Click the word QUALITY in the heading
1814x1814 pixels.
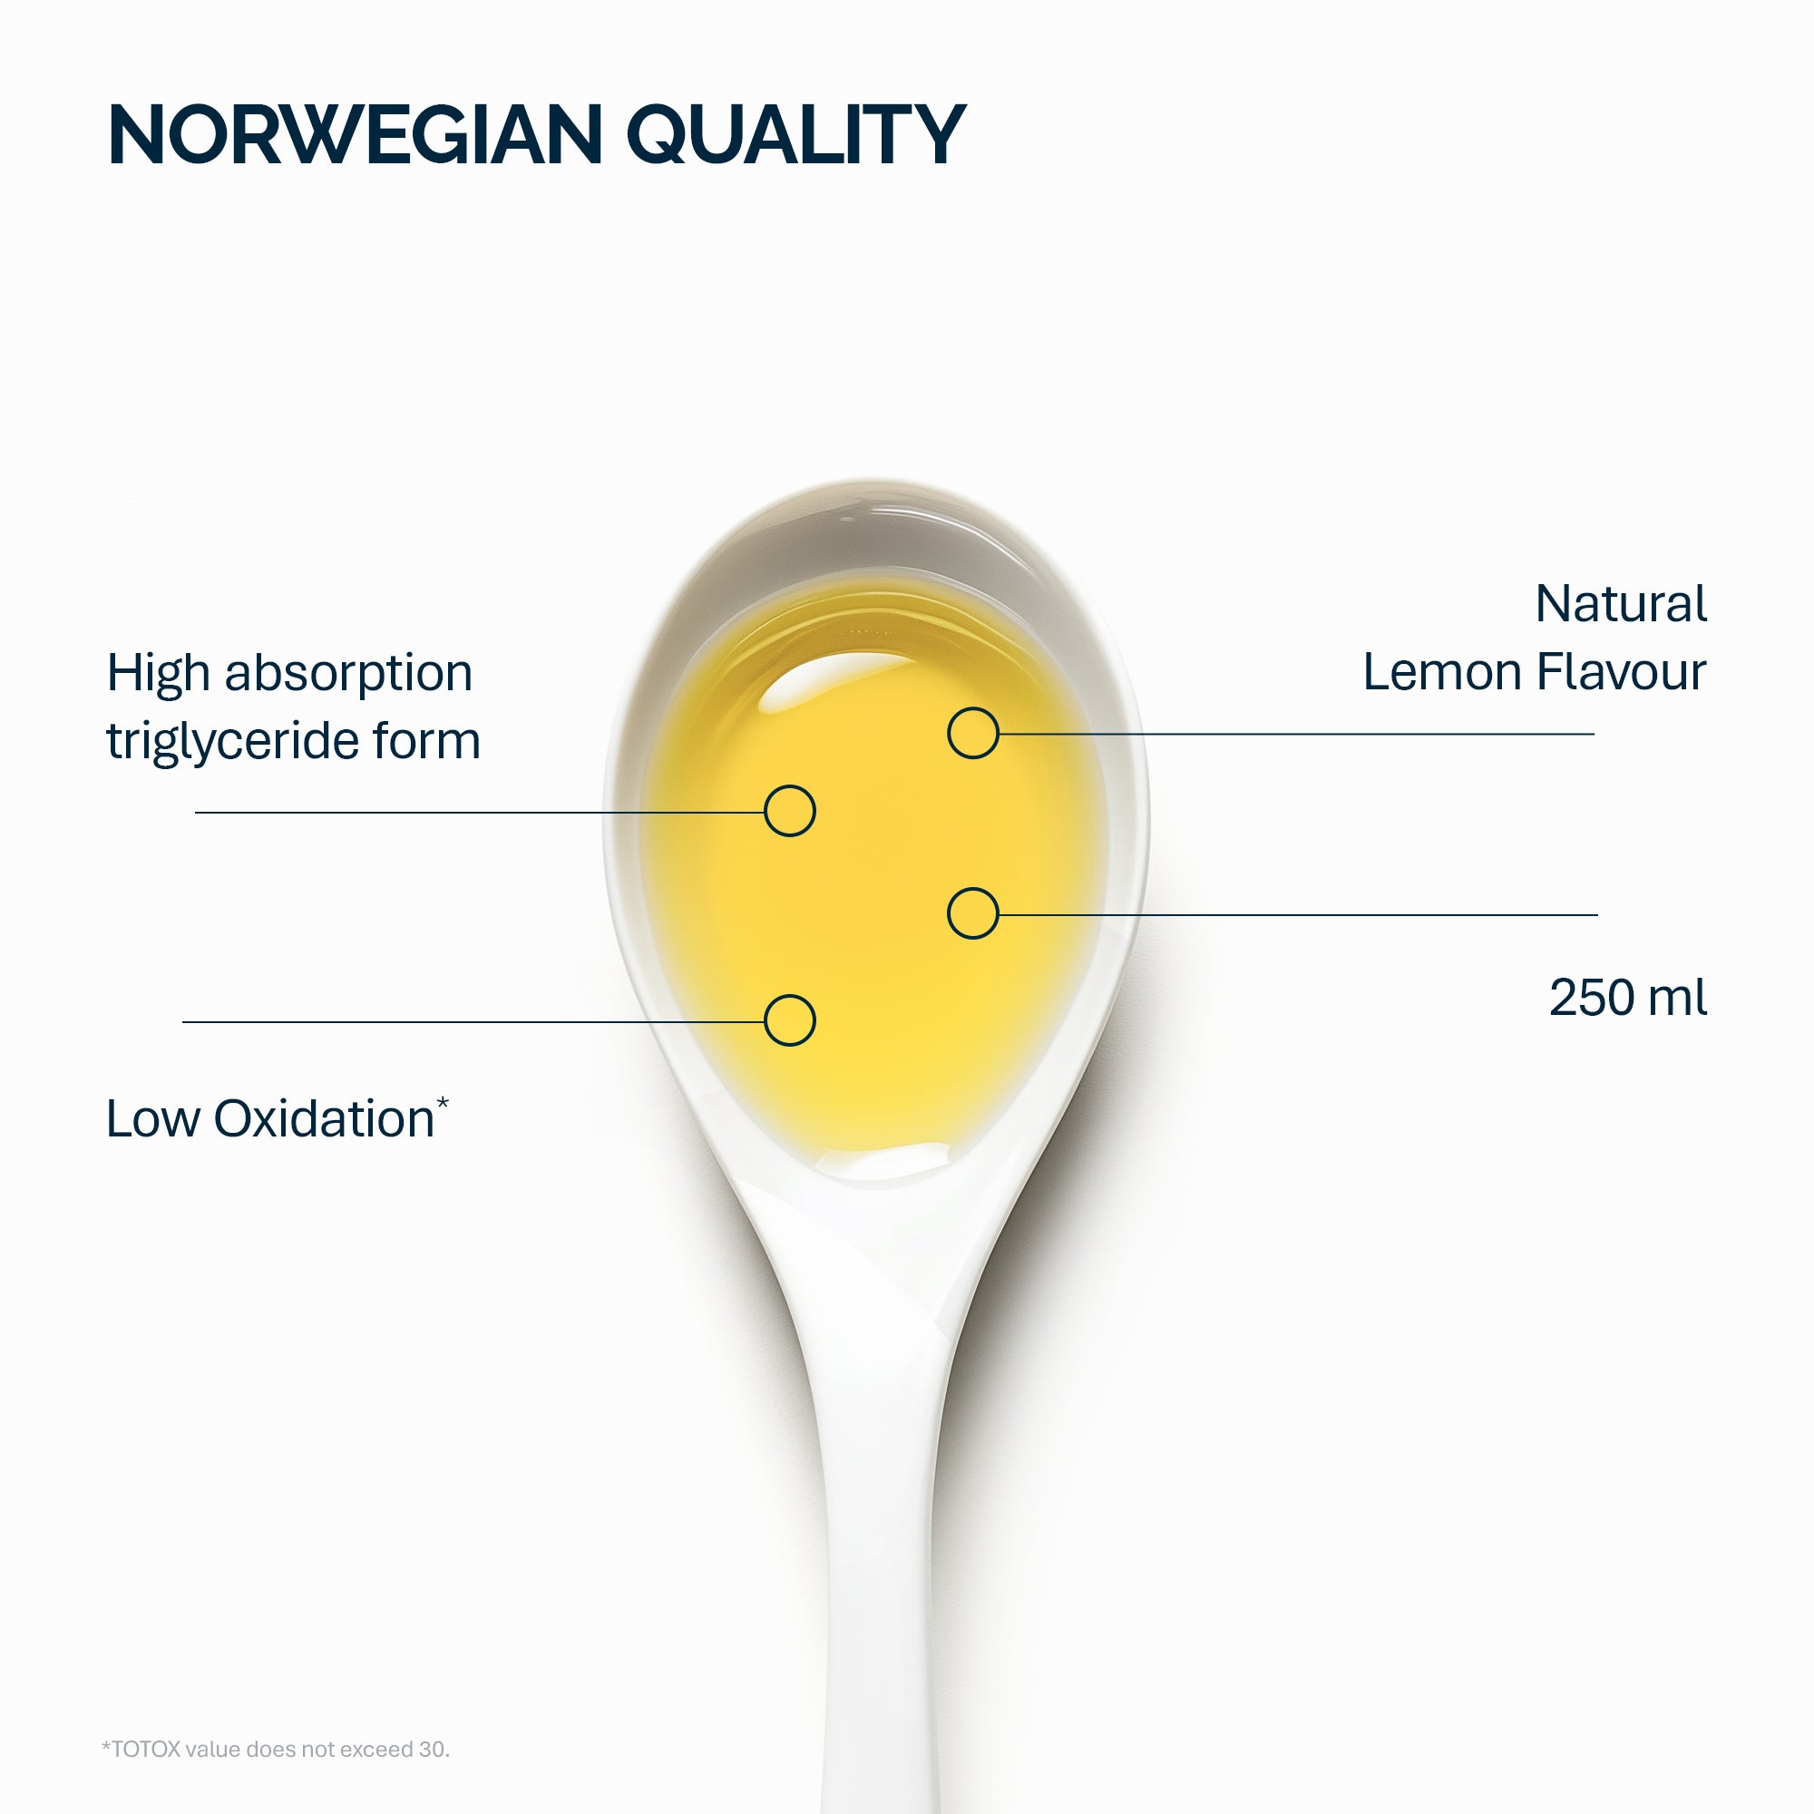(796, 137)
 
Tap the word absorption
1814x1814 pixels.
(348, 675)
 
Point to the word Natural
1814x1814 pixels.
(1621, 604)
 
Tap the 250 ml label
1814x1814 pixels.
(1627, 997)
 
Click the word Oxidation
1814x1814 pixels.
(324, 1118)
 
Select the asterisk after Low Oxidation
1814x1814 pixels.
(443, 1103)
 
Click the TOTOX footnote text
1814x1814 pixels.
(275, 1750)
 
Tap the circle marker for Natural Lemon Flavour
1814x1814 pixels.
(972, 733)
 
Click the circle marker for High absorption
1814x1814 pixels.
(790, 811)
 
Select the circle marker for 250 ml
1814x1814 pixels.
(972, 913)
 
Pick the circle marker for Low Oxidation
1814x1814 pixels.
(790, 1020)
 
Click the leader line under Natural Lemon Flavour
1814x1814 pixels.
(1297, 733)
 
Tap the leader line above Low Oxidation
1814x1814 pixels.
(473, 1021)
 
